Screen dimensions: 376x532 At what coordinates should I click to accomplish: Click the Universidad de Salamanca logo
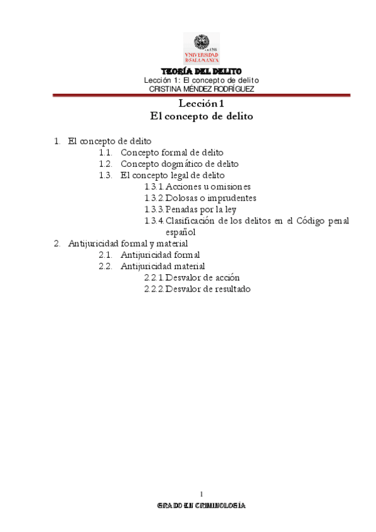point(201,48)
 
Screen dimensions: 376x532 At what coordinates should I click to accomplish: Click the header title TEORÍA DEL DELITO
point(201,72)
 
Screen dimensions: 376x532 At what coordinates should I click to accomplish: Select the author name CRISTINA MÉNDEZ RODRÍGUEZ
point(201,88)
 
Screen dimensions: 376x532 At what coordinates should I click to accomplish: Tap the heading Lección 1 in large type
point(201,104)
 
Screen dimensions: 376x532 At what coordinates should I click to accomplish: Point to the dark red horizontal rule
point(201,95)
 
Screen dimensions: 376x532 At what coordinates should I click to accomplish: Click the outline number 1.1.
point(105,152)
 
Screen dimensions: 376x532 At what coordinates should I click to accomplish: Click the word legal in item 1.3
point(166,175)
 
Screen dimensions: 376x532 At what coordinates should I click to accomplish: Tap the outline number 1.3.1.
point(154,186)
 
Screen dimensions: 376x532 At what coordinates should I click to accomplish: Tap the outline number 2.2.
point(105,266)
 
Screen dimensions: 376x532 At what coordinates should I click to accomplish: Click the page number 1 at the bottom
point(201,492)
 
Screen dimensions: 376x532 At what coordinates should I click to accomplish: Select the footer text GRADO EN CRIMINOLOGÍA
point(201,505)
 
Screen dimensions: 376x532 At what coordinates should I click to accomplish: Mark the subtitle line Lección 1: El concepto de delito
point(201,80)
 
